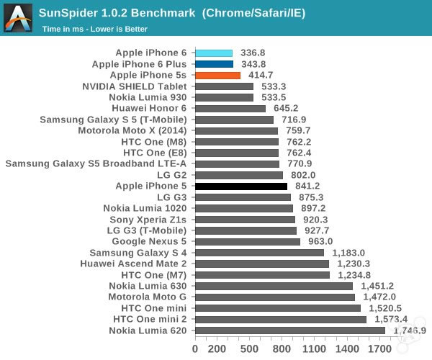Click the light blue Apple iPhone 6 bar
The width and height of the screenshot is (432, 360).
pos(214,53)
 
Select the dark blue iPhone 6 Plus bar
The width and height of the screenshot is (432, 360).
pos(214,64)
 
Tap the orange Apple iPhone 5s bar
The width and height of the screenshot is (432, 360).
pos(217,75)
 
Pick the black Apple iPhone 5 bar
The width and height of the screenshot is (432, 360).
pos(241,186)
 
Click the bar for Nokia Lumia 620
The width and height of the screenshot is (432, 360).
pos(290,330)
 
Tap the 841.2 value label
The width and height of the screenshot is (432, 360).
pos(307,186)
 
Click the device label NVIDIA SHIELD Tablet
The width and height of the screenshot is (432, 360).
pos(135,86)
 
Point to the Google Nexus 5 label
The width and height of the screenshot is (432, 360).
pos(148,242)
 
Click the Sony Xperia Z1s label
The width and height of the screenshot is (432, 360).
pos(148,220)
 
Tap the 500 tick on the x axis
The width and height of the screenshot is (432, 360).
pos(250,349)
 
